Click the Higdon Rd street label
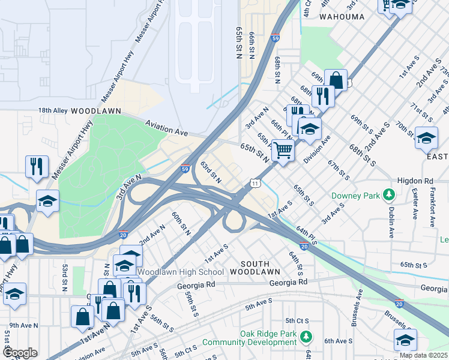pyautogui.click(x=415, y=181)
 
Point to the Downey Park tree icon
pyautogui.click(x=389, y=194)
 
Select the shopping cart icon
pyautogui.click(x=283, y=150)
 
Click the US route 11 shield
pyautogui.click(x=256, y=182)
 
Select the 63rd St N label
pyautogui.click(x=211, y=172)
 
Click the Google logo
pyautogui.click(x=19, y=353)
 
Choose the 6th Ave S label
pyautogui.click(x=338, y=341)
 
